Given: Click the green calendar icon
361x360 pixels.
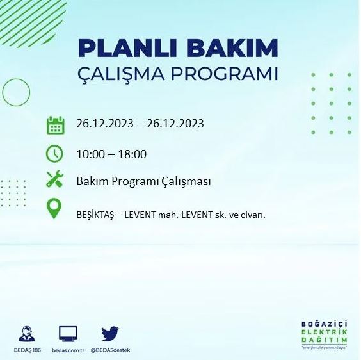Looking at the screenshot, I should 55,124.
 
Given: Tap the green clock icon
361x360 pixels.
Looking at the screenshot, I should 55,154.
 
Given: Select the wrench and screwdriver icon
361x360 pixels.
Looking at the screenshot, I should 55,181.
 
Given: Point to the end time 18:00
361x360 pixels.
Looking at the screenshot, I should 133,154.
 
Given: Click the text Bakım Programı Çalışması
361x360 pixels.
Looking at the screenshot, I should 143,181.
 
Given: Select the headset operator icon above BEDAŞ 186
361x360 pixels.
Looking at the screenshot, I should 27,334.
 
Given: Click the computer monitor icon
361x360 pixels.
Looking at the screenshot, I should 68,334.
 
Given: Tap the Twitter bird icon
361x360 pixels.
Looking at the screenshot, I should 110,333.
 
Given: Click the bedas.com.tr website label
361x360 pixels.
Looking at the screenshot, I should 68,350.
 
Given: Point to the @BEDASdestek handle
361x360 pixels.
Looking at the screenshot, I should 110,350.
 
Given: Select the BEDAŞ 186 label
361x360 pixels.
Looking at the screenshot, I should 27,350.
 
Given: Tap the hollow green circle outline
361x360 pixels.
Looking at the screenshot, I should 16,92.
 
